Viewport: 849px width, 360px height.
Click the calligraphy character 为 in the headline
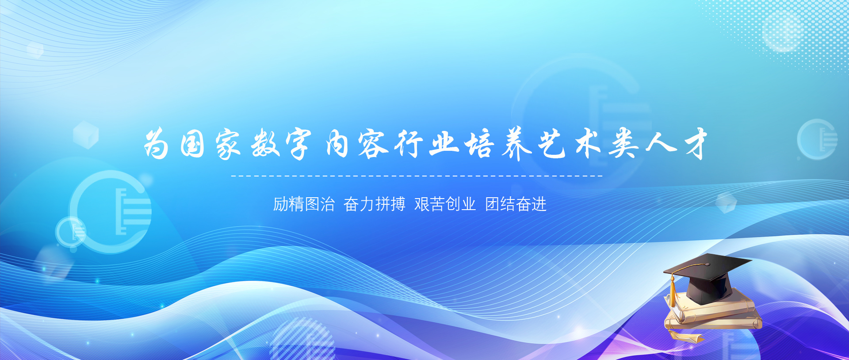157,144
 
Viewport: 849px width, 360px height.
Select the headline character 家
228,145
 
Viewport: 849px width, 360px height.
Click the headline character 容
372,144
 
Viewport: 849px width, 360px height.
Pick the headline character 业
444,144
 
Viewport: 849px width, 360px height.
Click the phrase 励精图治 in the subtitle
304,204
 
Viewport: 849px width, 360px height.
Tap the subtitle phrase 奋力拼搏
375,204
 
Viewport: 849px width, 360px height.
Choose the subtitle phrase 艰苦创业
445,204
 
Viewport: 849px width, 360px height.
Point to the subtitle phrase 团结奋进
516,204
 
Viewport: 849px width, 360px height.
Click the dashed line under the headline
417,176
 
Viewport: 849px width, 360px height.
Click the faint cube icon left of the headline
86,134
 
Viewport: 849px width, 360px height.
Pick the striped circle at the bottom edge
302,341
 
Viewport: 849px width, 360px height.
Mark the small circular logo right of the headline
817,139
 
